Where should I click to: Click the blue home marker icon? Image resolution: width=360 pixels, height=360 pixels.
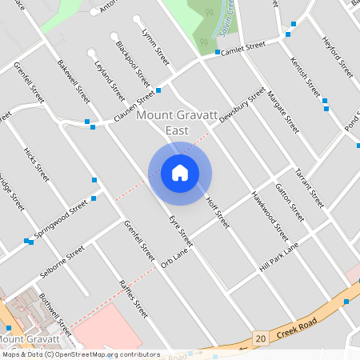[180, 173]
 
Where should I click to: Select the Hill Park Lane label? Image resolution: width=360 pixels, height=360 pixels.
[278, 257]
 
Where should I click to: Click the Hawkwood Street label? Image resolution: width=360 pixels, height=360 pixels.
[269, 216]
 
